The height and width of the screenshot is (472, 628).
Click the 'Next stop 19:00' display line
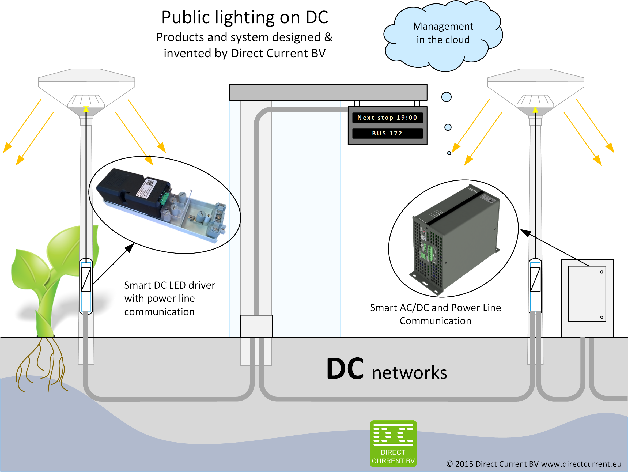click(387, 118)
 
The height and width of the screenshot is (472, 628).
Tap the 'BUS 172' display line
click(387, 134)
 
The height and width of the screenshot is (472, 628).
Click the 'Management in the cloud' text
click(443, 33)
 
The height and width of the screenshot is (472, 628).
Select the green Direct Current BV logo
click(393, 444)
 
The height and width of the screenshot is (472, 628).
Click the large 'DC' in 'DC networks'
click(345, 369)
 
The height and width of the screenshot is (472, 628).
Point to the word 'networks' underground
click(409, 373)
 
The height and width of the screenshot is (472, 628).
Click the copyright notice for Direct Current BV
click(534, 464)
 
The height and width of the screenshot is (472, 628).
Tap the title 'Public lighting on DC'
click(245, 18)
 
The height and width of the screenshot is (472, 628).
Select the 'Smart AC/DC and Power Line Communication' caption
click(435, 314)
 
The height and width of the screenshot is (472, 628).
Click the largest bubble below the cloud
click(446, 97)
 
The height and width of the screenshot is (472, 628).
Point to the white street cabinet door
click(587, 294)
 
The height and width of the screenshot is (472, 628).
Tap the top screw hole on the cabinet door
click(601, 272)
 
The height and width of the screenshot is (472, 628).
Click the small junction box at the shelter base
click(256, 326)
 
